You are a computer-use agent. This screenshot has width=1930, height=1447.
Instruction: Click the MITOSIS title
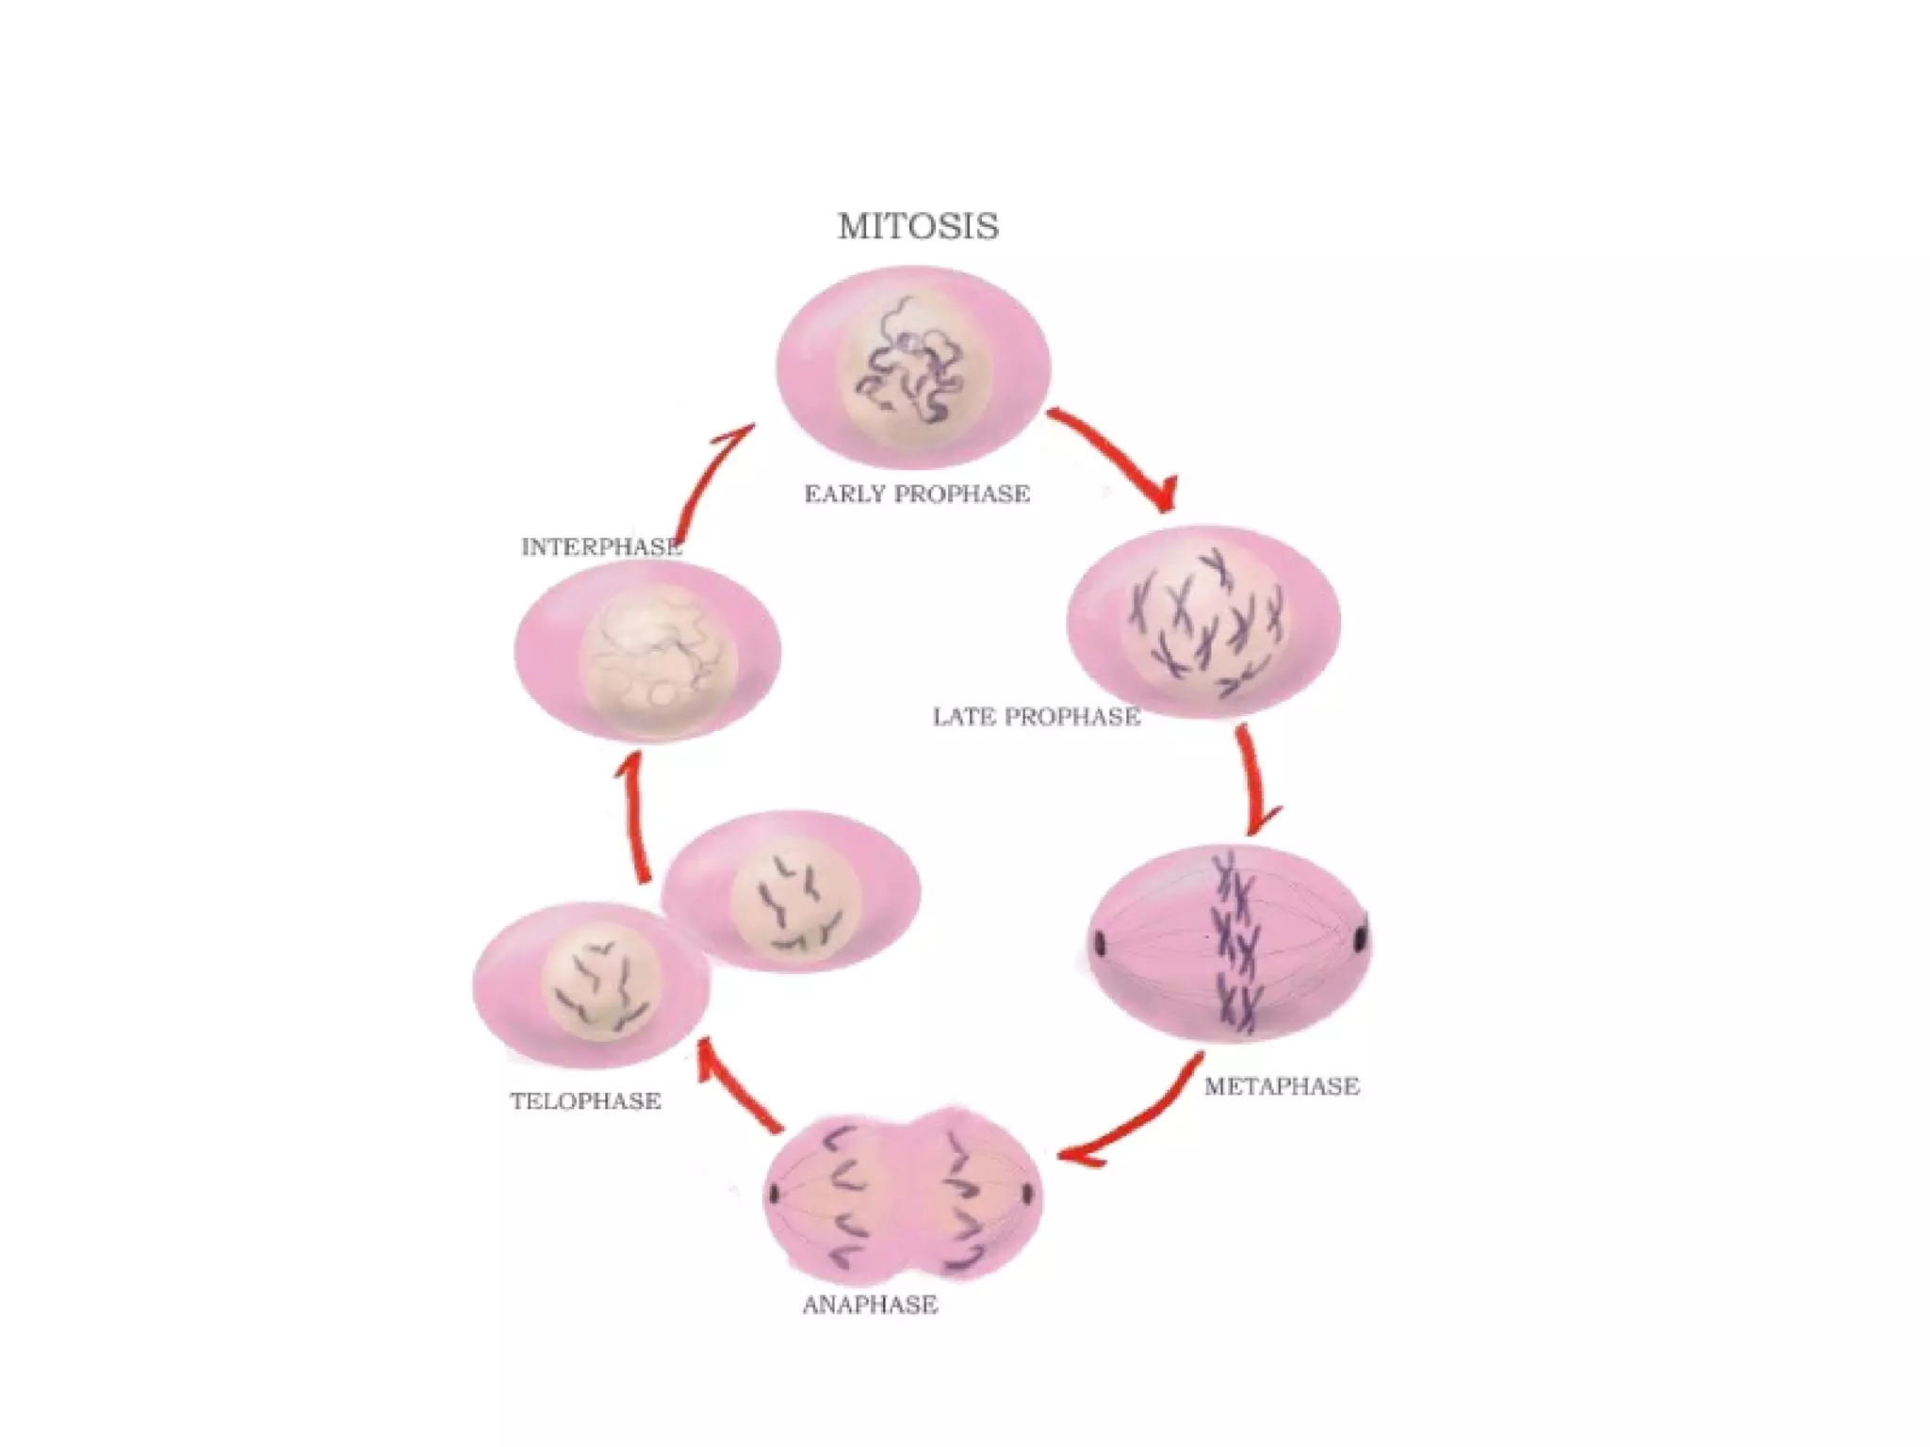(x=918, y=226)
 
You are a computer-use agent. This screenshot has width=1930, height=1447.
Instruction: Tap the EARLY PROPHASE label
(x=917, y=494)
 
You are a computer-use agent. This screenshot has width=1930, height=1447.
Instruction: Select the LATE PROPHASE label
(x=1037, y=717)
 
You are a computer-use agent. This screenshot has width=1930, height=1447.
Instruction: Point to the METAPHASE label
(x=1282, y=1086)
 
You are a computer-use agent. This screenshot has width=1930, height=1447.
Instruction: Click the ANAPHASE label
(x=870, y=1305)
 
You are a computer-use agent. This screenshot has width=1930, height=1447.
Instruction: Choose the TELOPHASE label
(x=585, y=1100)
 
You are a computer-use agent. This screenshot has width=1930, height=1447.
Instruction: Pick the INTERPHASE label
(x=601, y=547)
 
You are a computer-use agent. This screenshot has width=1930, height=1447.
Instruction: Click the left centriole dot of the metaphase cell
(x=1100, y=941)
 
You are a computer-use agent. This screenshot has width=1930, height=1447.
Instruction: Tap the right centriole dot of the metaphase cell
(x=1360, y=939)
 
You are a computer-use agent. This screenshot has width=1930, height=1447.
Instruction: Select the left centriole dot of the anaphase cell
(x=775, y=1194)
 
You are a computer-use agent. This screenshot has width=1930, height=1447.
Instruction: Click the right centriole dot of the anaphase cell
(x=1027, y=1195)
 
